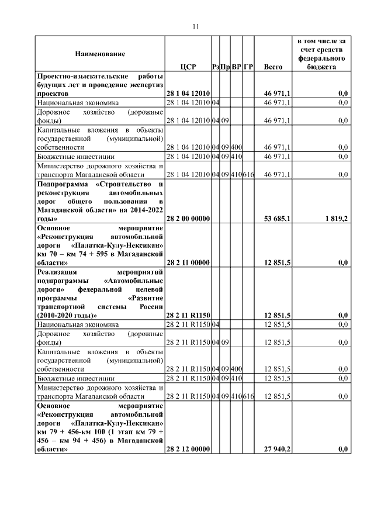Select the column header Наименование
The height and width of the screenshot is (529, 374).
(99, 54)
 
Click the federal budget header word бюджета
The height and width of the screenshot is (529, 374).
(321, 67)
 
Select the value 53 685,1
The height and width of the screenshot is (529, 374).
(278, 218)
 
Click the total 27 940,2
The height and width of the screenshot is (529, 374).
(278, 449)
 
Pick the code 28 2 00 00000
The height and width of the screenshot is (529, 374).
(188, 218)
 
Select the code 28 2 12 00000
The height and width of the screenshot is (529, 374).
(188, 449)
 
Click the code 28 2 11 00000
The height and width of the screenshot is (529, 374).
(188, 263)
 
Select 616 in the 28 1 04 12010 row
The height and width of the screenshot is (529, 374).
(248, 175)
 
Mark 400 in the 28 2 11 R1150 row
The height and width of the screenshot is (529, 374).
(237, 369)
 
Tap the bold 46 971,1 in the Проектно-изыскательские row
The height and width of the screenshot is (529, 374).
(278, 94)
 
